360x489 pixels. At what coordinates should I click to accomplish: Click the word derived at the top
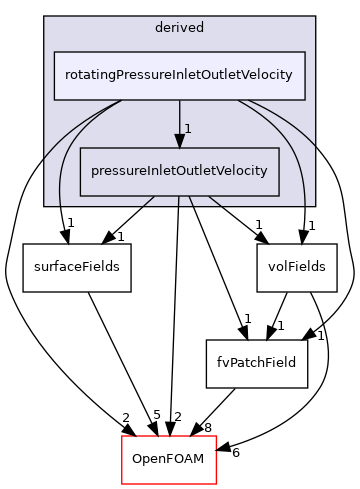point(180,28)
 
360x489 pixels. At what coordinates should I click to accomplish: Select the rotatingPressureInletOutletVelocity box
point(179,76)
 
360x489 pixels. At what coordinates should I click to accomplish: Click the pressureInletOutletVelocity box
point(179,170)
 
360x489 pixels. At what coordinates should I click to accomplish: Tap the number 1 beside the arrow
point(188,129)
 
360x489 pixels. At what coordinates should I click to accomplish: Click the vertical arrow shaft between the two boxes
point(180,115)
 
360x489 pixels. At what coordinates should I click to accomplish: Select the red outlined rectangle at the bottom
point(169,460)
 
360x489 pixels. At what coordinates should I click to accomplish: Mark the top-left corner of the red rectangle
point(122,437)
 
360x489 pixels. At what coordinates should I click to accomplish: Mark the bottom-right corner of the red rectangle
point(216,483)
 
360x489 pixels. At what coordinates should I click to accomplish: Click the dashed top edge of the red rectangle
point(169,437)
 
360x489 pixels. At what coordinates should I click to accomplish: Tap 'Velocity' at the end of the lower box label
point(243,170)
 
